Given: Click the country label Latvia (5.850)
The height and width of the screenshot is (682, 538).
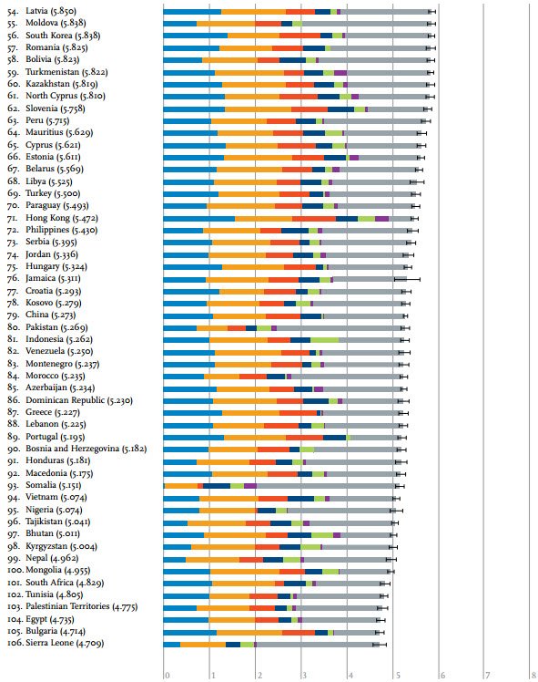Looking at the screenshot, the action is click(x=51, y=11).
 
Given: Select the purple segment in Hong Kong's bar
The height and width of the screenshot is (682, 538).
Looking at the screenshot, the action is click(x=381, y=219).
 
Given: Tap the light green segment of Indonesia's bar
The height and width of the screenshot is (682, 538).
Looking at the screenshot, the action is click(x=324, y=340).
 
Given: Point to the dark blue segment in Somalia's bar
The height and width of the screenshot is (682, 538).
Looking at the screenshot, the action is click(x=217, y=486).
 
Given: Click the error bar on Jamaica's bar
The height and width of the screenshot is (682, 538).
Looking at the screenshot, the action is click(x=407, y=279).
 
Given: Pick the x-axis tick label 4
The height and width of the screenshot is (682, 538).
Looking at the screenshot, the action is click(x=350, y=676).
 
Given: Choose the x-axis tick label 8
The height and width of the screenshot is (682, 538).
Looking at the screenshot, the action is click(x=533, y=676).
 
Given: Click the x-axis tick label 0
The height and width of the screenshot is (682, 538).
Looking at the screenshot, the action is click(x=167, y=676).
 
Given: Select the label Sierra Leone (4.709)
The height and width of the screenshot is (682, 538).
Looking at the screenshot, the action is click(x=65, y=644).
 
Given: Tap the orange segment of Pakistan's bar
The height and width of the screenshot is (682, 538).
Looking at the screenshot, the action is click(x=212, y=328).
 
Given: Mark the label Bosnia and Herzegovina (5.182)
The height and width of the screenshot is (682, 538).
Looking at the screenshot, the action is click(x=86, y=449).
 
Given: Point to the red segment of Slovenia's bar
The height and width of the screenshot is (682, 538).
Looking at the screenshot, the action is click(x=310, y=109).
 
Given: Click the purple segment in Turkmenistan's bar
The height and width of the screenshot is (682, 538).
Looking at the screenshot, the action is click(x=340, y=73).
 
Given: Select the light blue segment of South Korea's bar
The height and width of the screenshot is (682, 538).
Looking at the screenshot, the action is click(x=196, y=36).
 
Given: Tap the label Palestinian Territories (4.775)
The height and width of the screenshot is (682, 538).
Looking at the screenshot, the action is click(x=82, y=606).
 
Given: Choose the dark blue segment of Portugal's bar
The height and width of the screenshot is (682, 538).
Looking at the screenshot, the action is click(x=334, y=437).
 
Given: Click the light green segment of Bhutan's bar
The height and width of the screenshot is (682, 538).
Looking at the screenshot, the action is click(x=322, y=534).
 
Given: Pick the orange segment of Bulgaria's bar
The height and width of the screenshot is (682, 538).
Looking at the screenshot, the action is click(x=249, y=632).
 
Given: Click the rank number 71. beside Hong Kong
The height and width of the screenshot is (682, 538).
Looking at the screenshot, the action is click(x=14, y=218).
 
